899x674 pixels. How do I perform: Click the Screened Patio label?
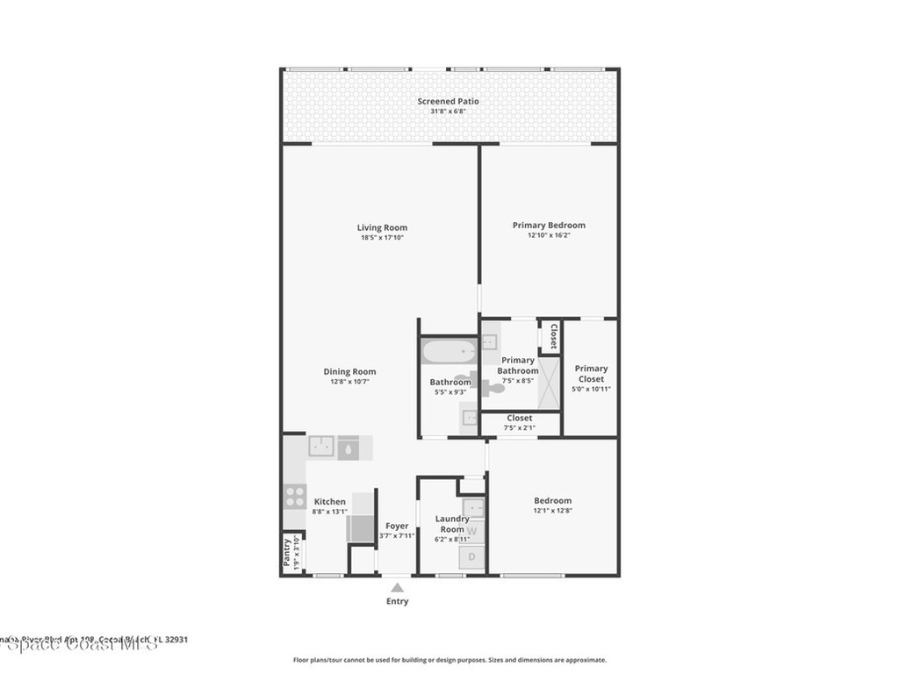point(448,101)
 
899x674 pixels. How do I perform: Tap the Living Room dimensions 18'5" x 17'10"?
point(383,238)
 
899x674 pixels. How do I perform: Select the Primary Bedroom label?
point(549,225)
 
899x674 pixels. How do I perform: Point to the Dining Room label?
point(349,371)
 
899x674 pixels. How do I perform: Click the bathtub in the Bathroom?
point(449,353)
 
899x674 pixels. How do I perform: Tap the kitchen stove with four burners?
point(295,497)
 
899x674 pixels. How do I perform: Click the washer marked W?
point(472,529)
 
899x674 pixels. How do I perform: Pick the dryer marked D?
point(472,556)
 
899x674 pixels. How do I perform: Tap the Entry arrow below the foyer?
point(397,588)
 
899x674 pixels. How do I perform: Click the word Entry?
point(397,601)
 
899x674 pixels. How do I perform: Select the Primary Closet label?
point(591,374)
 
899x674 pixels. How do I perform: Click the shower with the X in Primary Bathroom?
point(549,384)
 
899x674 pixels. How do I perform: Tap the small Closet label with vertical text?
point(553,335)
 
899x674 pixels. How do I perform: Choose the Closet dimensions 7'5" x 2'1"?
point(519,427)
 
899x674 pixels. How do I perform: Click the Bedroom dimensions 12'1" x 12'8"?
point(552,511)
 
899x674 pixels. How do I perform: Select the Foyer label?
point(397,526)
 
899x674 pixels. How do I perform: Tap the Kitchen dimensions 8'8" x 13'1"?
point(330,512)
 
